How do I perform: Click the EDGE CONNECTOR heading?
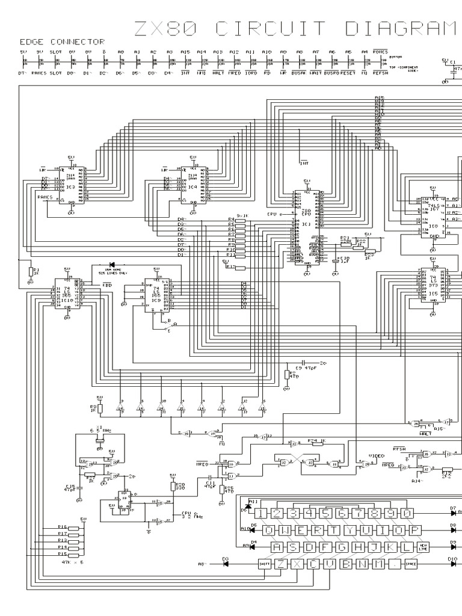click(62, 42)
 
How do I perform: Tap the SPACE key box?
click(411, 564)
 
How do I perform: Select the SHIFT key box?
click(264, 564)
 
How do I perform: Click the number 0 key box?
click(407, 513)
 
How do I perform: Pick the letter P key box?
click(415, 530)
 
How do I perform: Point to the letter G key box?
click(342, 547)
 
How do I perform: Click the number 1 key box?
click(260, 513)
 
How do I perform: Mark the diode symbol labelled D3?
click(226, 564)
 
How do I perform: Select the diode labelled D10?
click(452, 564)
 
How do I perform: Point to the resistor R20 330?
click(173, 485)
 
